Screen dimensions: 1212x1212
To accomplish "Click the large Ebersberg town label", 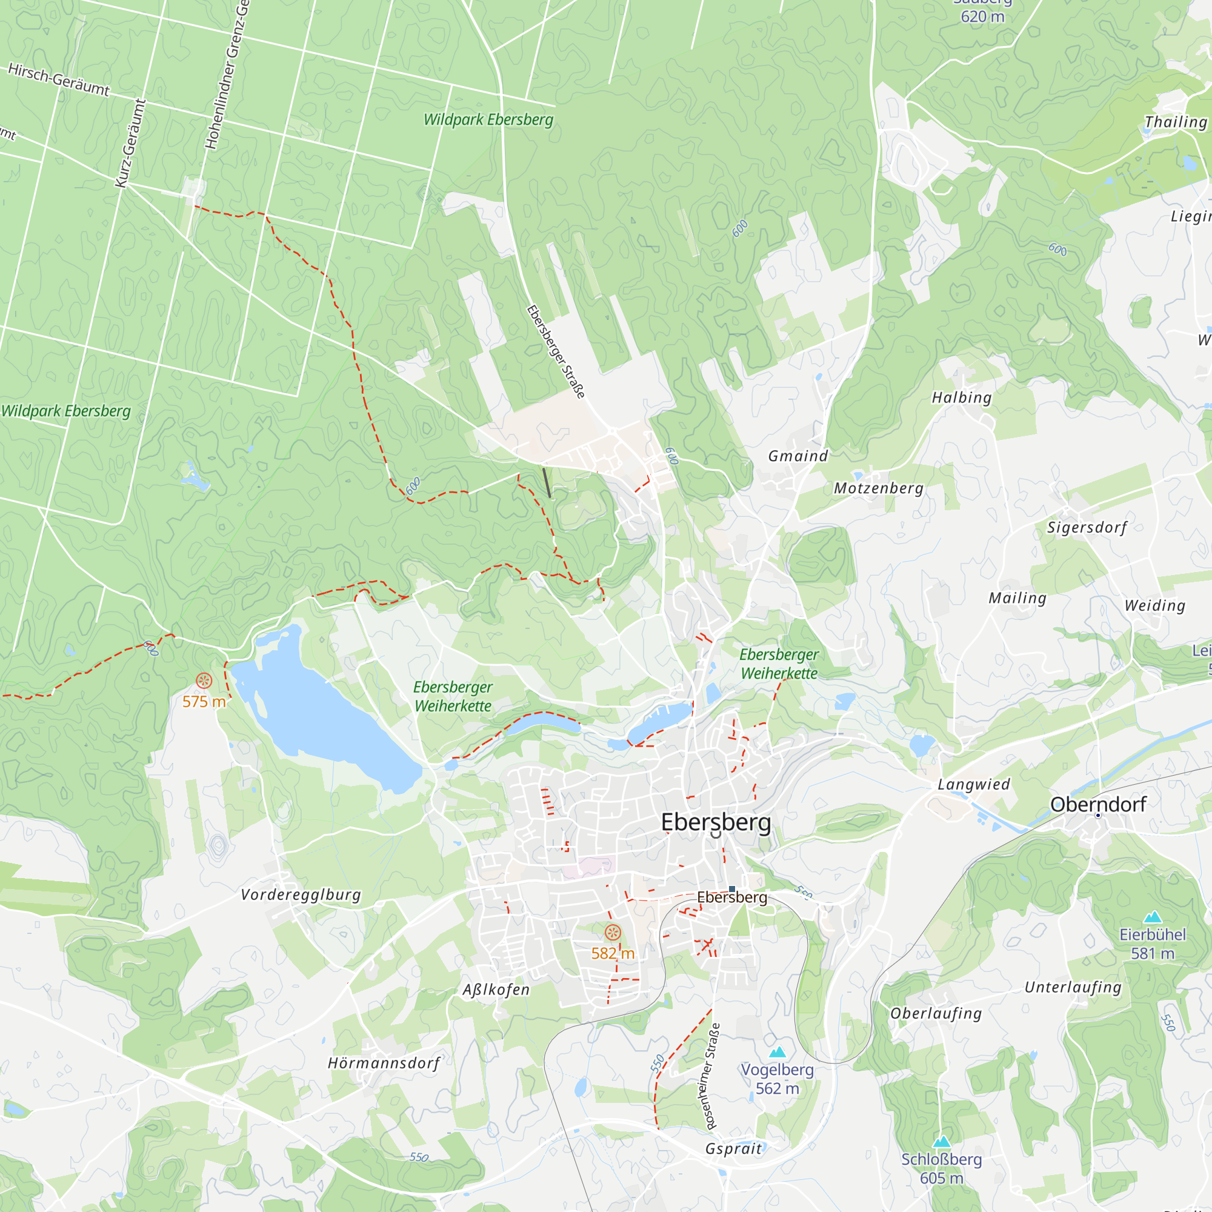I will (x=716, y=822).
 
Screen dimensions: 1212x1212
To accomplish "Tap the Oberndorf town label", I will (x=1098, y=804).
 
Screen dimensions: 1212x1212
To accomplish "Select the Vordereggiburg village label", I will (x=301, y=894).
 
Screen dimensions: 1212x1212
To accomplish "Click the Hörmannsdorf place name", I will (x=384, y=1063).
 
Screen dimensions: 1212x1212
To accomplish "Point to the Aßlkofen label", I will (x=496, y=990).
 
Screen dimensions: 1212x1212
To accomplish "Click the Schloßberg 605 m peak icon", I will (x=941, y=1142).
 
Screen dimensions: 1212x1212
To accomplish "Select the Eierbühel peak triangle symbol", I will (x=1153, y=917).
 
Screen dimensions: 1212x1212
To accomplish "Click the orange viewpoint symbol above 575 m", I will (x=204, y=681).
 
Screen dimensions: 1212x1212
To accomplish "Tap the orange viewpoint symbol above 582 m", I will (x=613, y=933).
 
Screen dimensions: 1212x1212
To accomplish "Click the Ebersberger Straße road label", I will (x=556, y=351).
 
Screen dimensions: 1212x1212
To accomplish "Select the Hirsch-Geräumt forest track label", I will (x=59, y=79).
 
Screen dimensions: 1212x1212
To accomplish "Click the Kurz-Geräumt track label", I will (x=130, y=143).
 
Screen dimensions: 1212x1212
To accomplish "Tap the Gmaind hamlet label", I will (x=798, y=456).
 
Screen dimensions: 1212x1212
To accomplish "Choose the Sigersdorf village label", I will (x=1087, y=528).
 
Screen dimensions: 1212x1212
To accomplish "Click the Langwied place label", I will (x=974, y=784).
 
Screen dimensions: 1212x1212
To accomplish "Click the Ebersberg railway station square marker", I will (x=732, y=889).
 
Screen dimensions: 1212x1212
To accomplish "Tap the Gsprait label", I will (x=733, y=1148).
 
